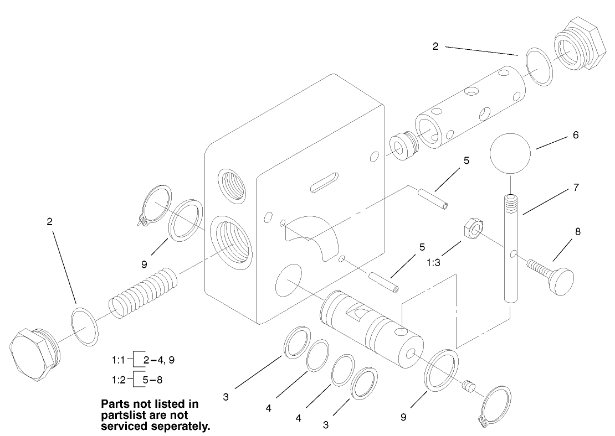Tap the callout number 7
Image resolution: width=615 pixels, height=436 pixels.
(x=576, y=188)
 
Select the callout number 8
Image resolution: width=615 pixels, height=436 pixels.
(x=577, y=232)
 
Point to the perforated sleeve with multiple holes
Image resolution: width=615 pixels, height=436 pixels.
(x=469, y=110)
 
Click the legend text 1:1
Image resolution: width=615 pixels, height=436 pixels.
(x=120, y=360)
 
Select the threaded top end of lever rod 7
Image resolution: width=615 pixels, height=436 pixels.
(x=512, y=205)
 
